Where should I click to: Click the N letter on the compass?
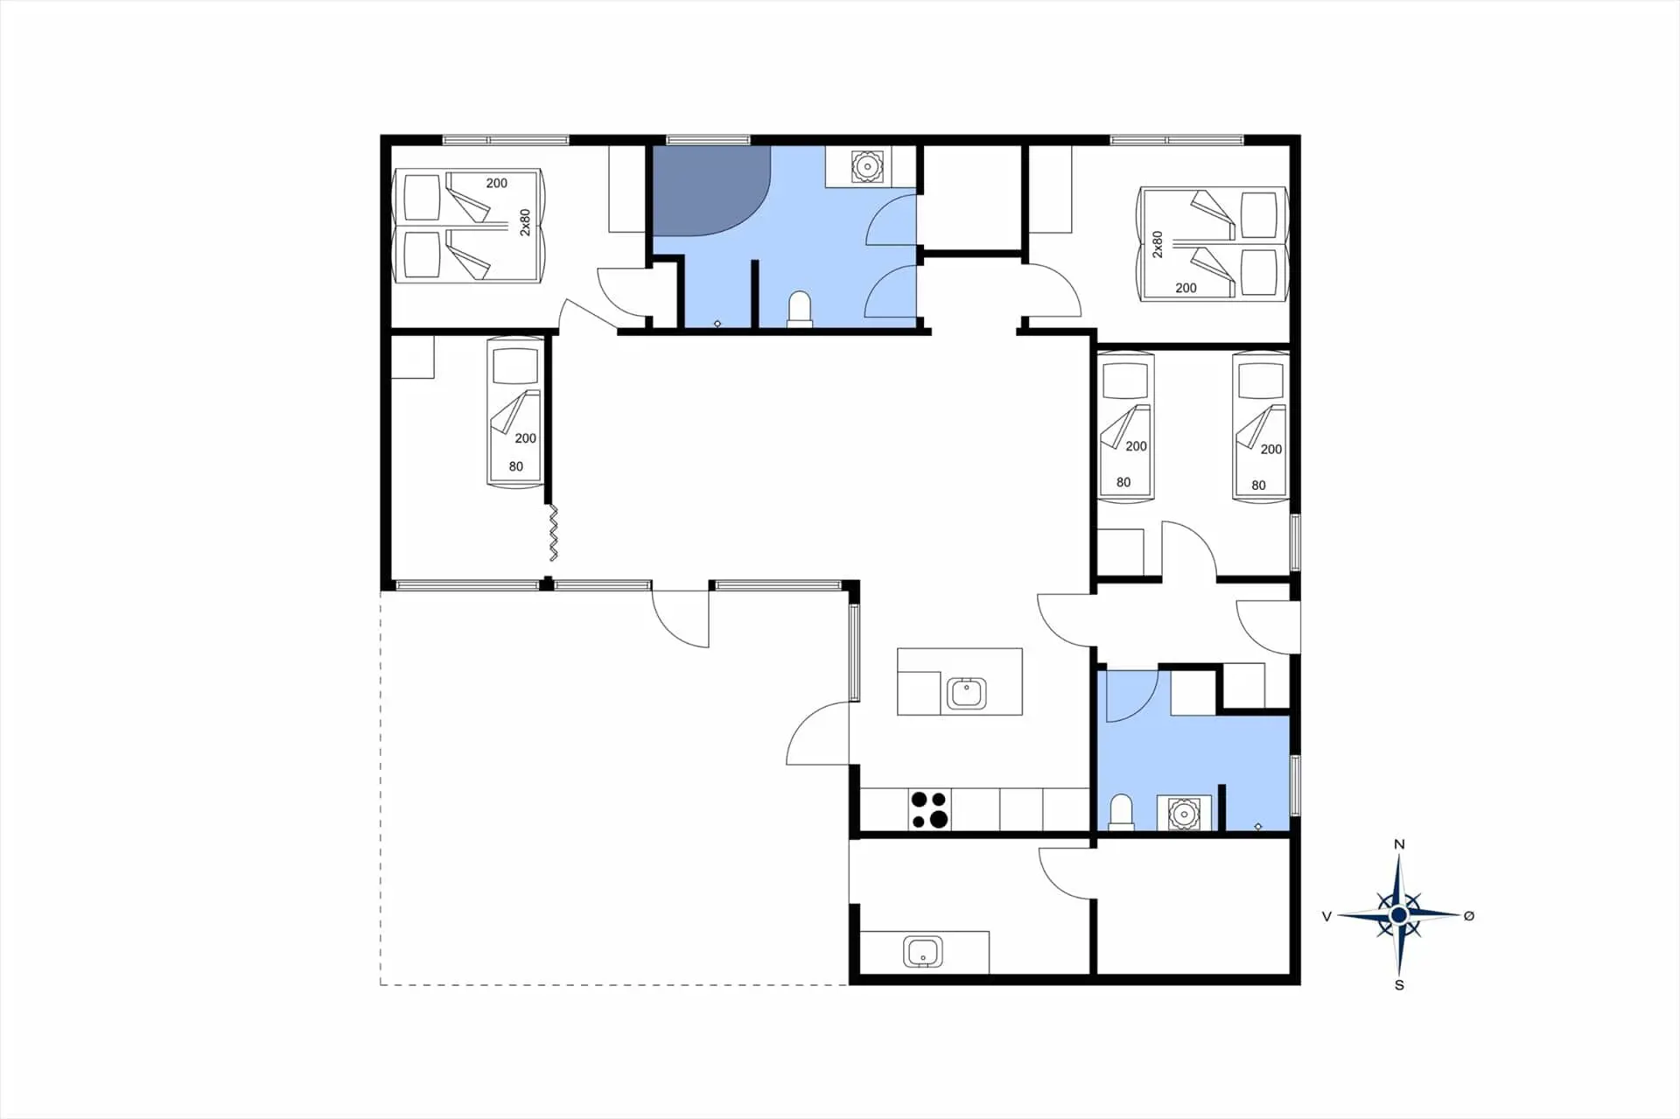pyautogui.click(x=1399, y=844)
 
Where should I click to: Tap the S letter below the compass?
pyautogui.click(x=1399, y=985)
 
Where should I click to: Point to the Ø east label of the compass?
pyautogui.click(x=1469, y=916)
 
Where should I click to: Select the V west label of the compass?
pyautogui.click(x=1326, y=916)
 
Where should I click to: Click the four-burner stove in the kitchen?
pyautogui.click(x=929, y=809)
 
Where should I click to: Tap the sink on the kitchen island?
pyautogui.click(x=967, y=694)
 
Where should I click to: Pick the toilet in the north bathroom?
pyautogui.click(x=800, y=310)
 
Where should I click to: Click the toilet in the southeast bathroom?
pyautogui.click(x=1121, y=812)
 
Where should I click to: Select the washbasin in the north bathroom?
pyautogui.click(x=866, y=166)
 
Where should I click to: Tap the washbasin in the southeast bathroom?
pyautogui.click(x=1184, y=814)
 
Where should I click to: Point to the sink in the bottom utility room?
pyautogui.click(x=923, y=951)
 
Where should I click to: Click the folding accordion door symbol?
pyautogui.click(x=553, y=532)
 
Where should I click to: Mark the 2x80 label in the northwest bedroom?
pyautogui.click(x=525, y=222)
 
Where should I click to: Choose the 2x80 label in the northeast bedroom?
pyautogui.click(x=1158, y=244)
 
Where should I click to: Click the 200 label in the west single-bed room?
pyautogui.click(x=525, y=438)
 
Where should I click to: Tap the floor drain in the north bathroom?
pyautogui.click(x=717, y=324)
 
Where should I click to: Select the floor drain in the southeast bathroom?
pyautogui.click(x=1258, y=826)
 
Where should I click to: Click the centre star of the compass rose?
pyautogui.click(x=1398, y=915)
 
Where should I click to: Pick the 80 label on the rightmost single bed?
pyautogui.click(x=1258, y=486)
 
